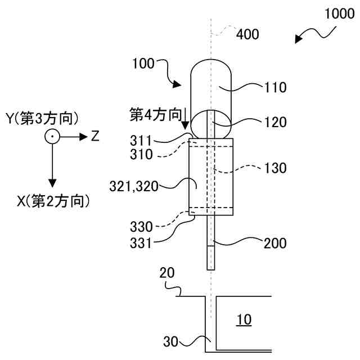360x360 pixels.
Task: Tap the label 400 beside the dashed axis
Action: pos(247,35)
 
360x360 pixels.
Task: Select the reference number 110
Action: pos(275,87)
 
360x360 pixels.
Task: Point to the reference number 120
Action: pos(275,121)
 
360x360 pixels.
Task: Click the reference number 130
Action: pos(275,168)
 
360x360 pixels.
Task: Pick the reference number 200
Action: pos(275,244)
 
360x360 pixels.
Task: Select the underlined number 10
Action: pos(244,320)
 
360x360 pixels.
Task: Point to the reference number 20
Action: pos(166,273)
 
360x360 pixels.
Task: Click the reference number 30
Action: pos(172,341)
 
